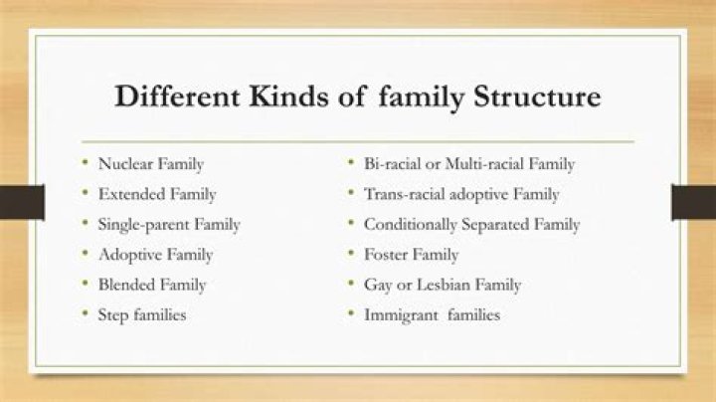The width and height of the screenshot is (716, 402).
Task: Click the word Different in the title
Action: click(177, 96)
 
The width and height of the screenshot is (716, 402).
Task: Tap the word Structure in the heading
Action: click(537, 96)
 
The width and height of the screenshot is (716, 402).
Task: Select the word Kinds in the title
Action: click(288, 96)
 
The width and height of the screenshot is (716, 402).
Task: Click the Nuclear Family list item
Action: click(151, 164)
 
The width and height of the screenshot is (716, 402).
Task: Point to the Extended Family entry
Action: click(157, 194)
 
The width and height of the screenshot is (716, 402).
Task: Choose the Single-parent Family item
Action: click(169, 225)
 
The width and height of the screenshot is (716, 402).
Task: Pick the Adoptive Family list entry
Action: click(156, 255)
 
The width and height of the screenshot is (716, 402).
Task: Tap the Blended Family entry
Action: click(152, 285)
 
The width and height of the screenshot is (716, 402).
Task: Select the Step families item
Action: click(142, 315)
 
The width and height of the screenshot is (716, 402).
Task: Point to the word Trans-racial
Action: click(404, 194)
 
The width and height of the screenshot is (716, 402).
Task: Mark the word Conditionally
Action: click(410, 225)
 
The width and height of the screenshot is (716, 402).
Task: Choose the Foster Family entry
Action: click(411, 255)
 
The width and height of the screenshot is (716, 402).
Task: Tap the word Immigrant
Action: click(402, 315)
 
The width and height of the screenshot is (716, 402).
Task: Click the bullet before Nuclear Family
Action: click(85, 162)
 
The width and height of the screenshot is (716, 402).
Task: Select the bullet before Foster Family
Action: click(351, 253)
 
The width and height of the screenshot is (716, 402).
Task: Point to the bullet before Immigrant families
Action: click(351, 313)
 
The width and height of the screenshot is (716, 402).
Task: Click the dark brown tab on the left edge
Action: click(22, 202)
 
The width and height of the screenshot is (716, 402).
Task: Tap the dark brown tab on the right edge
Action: click(693, 202)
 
